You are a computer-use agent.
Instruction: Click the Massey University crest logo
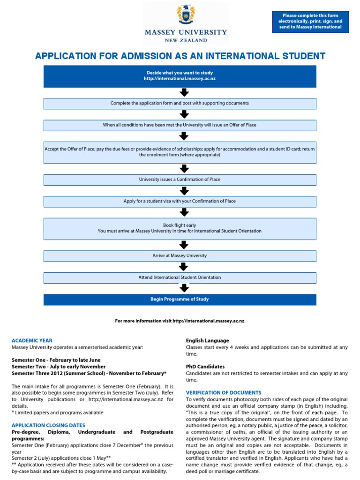(186, 15)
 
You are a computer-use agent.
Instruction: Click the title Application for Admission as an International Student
(180, 56)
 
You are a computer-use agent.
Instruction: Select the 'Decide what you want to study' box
(180, 76)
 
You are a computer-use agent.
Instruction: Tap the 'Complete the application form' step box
(180, 103)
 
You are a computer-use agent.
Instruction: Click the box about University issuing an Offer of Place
(180, 125)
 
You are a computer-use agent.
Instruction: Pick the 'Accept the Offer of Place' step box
(180, 152)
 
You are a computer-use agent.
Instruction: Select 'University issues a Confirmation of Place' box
(180, 180)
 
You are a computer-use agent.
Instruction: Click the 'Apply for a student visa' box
(180, 201)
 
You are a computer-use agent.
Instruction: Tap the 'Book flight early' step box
(180, 228)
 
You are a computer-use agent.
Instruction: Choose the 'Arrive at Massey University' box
(180, 256)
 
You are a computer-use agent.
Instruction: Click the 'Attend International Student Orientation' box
(180, 277)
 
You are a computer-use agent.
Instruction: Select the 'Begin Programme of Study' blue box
(180, 299)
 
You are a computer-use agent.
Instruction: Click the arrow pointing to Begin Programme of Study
(184, 288)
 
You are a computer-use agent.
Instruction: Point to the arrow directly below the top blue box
(184, 93)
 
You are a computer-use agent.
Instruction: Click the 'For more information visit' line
(180, 321)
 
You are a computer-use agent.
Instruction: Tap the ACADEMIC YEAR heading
(32, 341)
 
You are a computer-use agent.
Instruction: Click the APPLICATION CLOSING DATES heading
(48, 425)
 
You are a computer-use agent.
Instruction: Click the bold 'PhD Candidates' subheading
(205, 367)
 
